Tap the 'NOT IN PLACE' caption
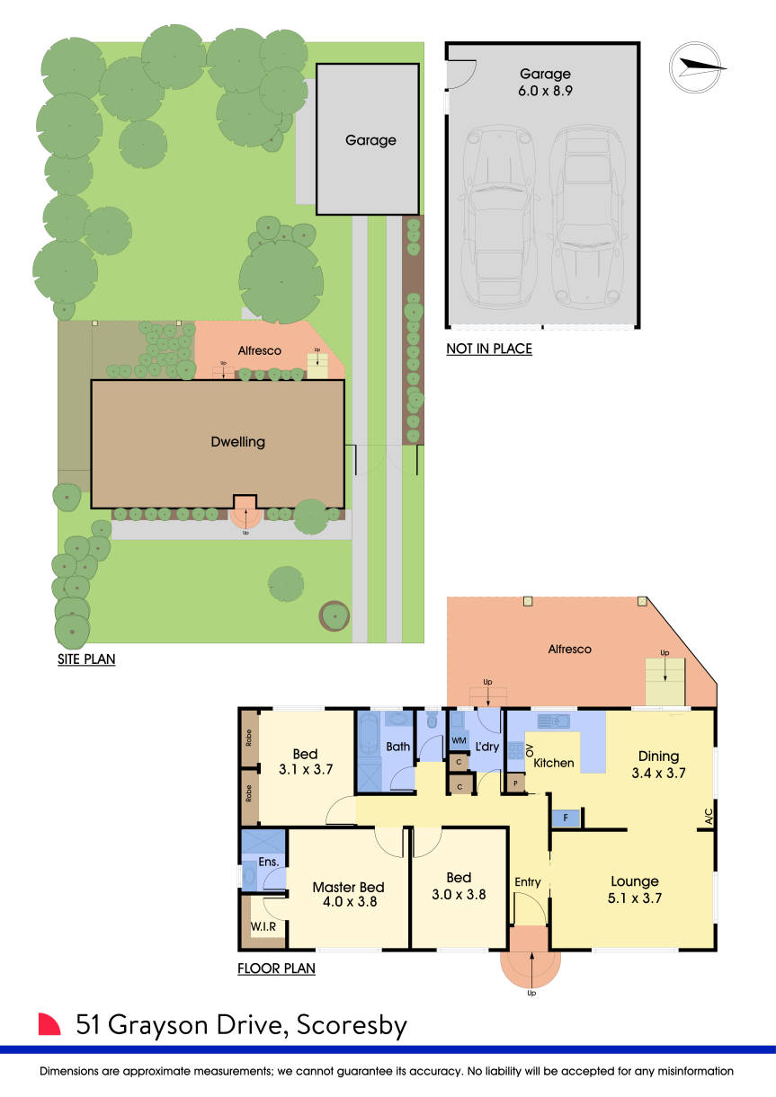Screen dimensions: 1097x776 (489, 349)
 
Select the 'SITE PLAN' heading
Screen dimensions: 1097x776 (86, 659)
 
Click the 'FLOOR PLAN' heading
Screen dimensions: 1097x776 (276, 969)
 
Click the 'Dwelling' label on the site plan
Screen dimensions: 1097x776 (238, 442)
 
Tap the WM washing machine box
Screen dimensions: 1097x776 (459, 740)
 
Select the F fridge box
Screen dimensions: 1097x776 (566, 818)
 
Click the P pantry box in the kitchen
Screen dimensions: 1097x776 (515, 783)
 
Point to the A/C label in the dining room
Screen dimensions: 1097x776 (709, 817)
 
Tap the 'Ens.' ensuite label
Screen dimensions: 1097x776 (268, 863)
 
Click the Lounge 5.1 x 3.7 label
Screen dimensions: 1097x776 (635, 889)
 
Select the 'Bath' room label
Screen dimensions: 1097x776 (397, 747)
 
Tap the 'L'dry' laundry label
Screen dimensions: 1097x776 (487, 747)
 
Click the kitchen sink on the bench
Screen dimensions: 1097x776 (554, 721)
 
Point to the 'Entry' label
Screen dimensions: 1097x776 (528, 882)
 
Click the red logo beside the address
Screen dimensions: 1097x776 (49, 1024)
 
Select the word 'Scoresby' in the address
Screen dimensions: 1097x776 (352, 1025)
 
